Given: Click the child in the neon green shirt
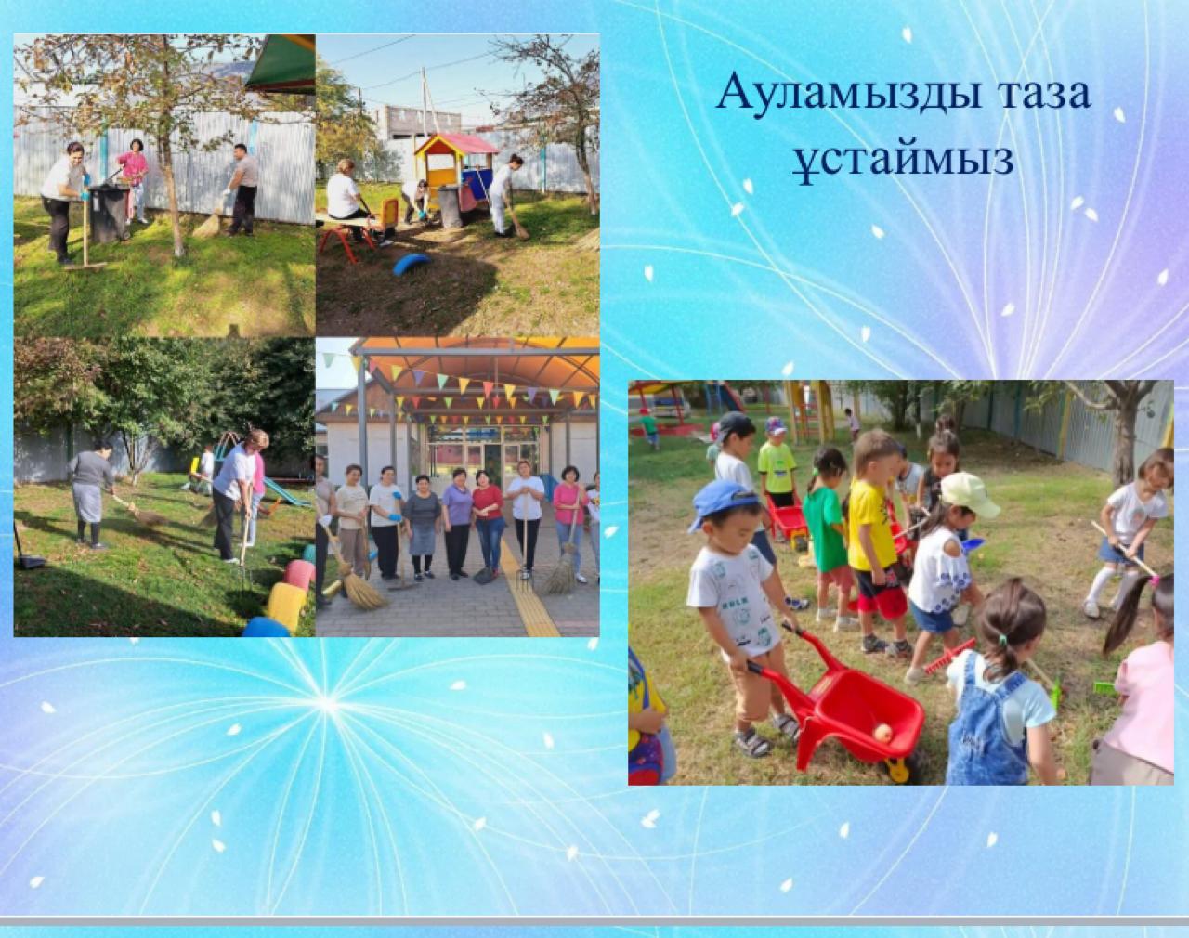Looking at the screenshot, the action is point(777,464).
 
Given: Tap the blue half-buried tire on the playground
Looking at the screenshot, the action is point(412,264).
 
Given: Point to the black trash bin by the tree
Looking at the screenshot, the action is point(110,214).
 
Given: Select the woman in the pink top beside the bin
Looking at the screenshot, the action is point(135,180).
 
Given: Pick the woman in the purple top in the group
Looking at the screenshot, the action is point(457,522).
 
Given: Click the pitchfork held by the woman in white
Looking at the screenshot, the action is point(525,541).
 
